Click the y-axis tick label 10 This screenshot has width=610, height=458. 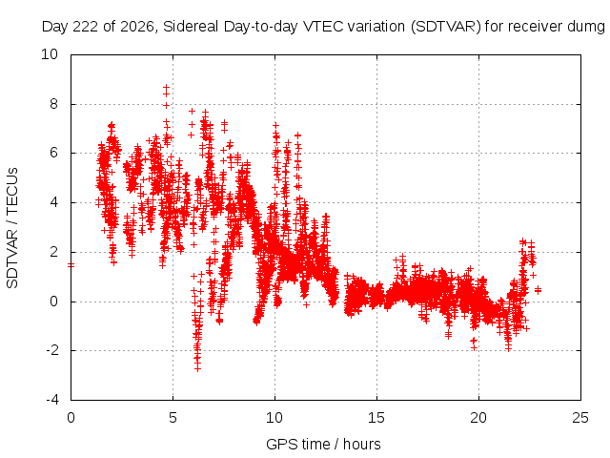[50, 54]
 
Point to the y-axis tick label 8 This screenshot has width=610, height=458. [53, 104]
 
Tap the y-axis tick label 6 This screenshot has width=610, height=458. [53, 153]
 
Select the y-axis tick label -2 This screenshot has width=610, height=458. [51, 350]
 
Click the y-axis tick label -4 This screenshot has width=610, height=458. [51, 400]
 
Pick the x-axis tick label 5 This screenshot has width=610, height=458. [173, 418]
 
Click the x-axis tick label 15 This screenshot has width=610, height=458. [376, 418]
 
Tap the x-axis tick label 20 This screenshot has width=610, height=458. [478, 418]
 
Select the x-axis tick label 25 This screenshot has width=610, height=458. [580, 418]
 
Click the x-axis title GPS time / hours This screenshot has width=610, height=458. [323, 444]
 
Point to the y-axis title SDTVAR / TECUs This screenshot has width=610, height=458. [12, 228]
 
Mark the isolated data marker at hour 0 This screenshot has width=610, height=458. [71, 265]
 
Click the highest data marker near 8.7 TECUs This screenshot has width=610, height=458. [166, 87]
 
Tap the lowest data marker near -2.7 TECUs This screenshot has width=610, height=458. [197, 368]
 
